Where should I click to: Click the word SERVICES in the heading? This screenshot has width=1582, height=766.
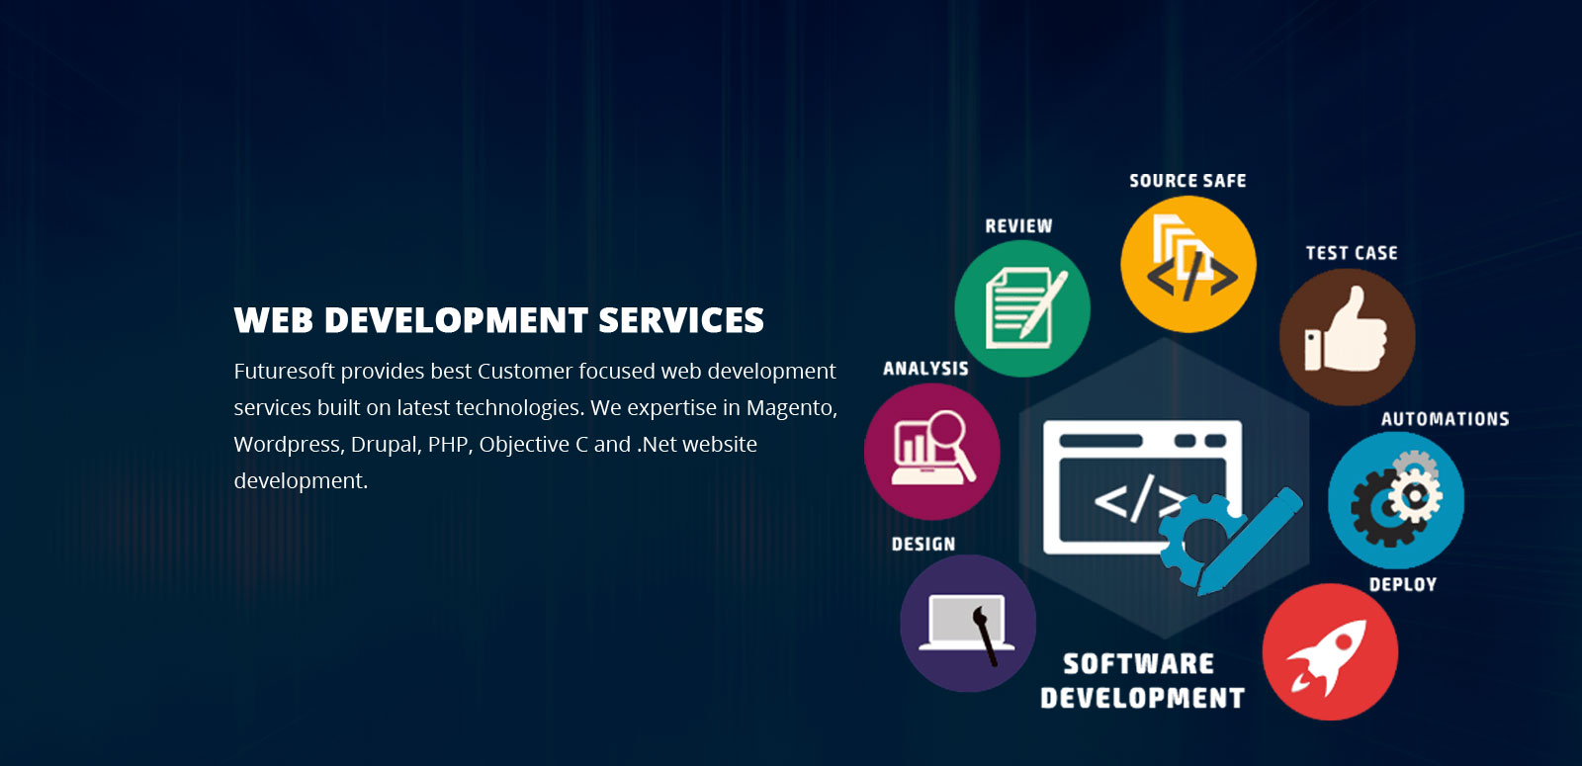pyautogui.click(x=681, y=320)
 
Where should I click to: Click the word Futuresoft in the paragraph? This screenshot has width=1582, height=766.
pyautogui.click(x=284, y=371)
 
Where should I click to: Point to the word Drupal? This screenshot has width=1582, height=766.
pyautogui.click(x=387, y=445)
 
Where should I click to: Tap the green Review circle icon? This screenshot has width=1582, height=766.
pyautogui.click(x=1022, y=308)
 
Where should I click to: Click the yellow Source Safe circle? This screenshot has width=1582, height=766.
pyautogui.click(x=1188, y=264)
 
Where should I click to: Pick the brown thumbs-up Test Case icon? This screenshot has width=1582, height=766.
pyautogui.click(x=1348, y=337)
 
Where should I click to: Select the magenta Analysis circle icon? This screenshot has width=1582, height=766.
pyautogui.click(x=932, y=452)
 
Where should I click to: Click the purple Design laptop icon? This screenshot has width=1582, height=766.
pyautogui.click(x=968, y=624)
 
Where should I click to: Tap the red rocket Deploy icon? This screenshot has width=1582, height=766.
pyautogui.click(x=1331, y=651)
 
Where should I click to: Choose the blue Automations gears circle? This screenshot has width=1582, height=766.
pyautogui.click(x=1396, y=500)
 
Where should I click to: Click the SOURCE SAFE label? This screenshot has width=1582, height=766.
pyautogui.click(x=1187, y=181)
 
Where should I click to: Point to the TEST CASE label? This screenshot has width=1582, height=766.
pyautogui.click(x=1352, y=253)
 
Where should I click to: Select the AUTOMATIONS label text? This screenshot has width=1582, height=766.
pyautogui.click(x=1446, y=419)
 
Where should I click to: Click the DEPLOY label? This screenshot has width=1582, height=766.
pyautogui.click(x=1403, y=584)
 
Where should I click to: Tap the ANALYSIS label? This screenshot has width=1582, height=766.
pyautogui.click(x=925, y=369)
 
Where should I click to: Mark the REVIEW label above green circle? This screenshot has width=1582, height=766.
pyautogui.click(x=1019, y=226)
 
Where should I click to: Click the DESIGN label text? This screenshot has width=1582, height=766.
pyautogui.click(x=923, y=545)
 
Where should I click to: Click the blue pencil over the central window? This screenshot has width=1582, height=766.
pyautogui.click(x=1250, y=540)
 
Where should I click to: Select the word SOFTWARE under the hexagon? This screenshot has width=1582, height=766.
pyautogui.click(x=1139, y=663)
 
